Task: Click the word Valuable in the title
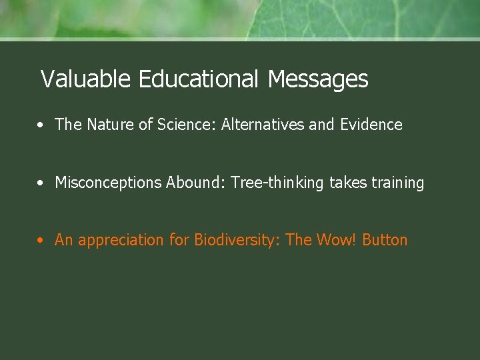pyautogui.click(x=87, y=79)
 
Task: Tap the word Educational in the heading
pyautogui.click(x=198, y=79)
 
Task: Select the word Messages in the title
pyautogui.click(x=317, y=79)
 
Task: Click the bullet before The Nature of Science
pyautogui.click(x=41, y=125)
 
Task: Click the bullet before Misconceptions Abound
pyautogui.click(x=41, y=183)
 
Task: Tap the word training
pyautogui.click(x=398, y=183)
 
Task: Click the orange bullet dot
pyautogui.click(x=41, y=241)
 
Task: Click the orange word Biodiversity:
pyautogui.click(x=237, y=240)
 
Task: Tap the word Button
pyautogui.click(x=385, y=240)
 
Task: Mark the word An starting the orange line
pyautogui.click(x=64, y=240)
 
